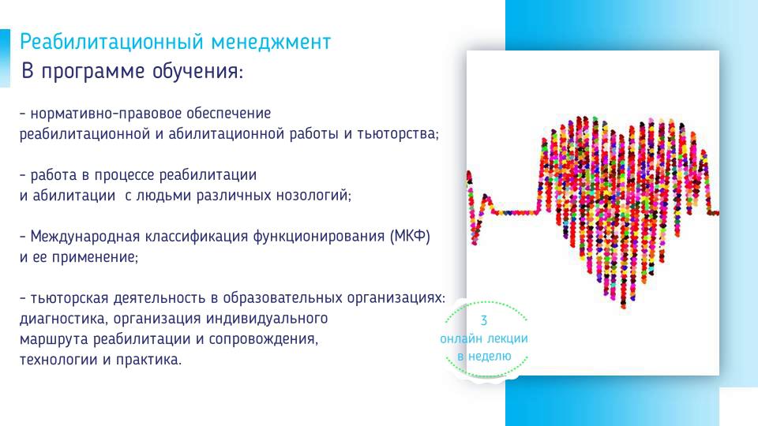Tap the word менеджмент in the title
pyautogui.click(x=271, y=42)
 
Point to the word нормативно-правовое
pyautogui.click(x=105, y=114)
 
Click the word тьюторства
pyautogui.click(x=398, y=134)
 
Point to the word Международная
pyautogui.click(x=84, y=237)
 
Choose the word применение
pyautogui.click(x=95, y=257)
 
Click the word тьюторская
pyautogui.click(x=69, y=298)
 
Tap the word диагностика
pyautogui.click(x=65, y=319)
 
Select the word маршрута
pyautogui.click(x=54, y=339)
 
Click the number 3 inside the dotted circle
pyautogui.click(x=483, y=321)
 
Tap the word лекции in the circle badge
pyautogui.click(x=506, y=338)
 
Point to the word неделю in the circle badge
pyautogui.click(x=490, y=357)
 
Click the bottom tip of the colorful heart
pyautogui.click(x=624, y=306)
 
